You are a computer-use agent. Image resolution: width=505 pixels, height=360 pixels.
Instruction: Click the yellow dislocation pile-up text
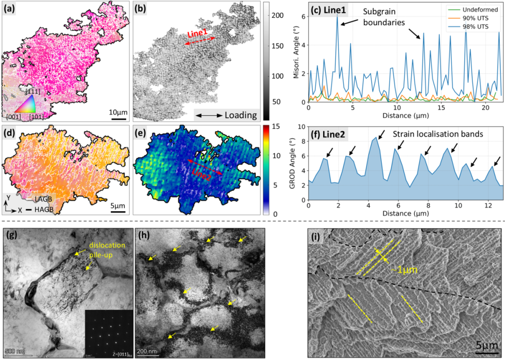pos(108,249)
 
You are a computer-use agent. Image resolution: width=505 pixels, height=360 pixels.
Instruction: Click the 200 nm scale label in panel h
pos(148,351)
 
